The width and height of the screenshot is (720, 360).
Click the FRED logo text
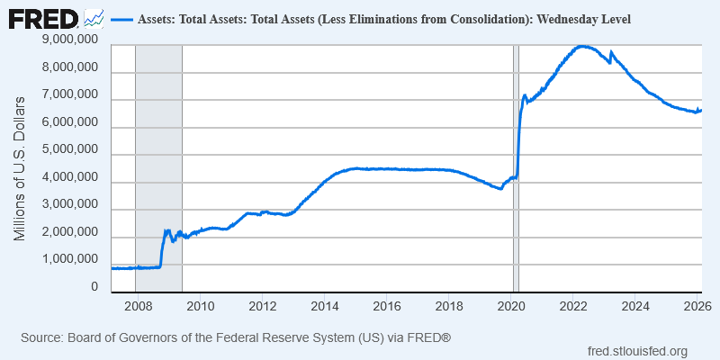(x=42, y=18)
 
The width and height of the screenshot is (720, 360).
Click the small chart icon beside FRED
(x=94, y=18)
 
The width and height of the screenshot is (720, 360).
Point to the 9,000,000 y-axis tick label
(x=69, y=40)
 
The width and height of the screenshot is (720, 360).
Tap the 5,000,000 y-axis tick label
(x=69, y=150)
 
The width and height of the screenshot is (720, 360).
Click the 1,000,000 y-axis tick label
(x=69, y=260)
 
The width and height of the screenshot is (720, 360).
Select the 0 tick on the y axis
(x=94, y=287)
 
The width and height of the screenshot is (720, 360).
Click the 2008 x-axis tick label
(x=136, y=305)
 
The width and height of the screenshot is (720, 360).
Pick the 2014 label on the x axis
(x=323, y=305)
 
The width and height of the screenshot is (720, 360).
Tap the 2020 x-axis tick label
(x=511, y=305)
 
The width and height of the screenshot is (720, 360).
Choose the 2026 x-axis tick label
(x=697, y=305)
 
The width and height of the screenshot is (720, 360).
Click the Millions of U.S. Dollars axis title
(x=20, y=167)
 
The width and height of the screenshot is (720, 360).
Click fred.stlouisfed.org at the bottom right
(x=637, y=351)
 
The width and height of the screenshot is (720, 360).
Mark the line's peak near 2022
(x=582, y=46)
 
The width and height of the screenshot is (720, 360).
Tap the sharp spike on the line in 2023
(x=611, y=52)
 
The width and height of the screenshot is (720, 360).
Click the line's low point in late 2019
(x=501, y=188)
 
